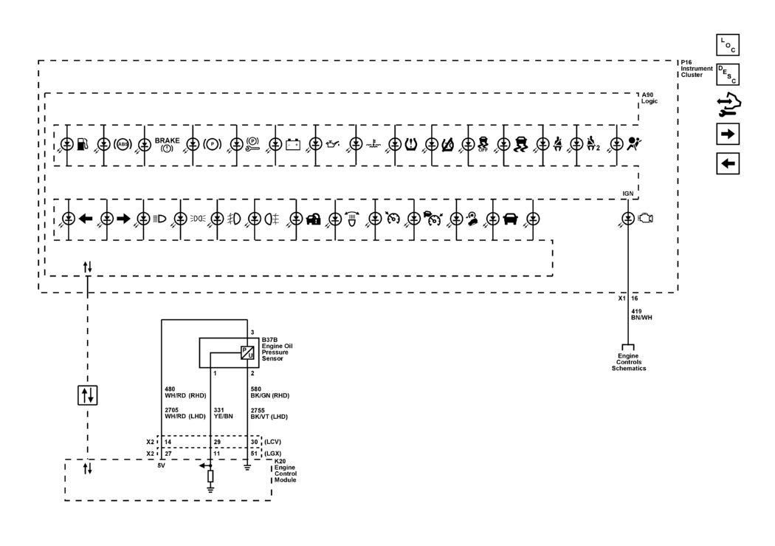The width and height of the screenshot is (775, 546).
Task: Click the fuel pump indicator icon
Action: tap(83, 144)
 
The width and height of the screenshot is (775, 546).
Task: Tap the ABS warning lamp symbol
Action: tap(123, 144)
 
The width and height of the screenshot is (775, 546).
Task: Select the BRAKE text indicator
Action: tap(167, 144)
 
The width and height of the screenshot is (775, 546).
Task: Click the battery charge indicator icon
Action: tap(293, 144)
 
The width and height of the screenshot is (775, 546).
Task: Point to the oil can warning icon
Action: tap(333, 144)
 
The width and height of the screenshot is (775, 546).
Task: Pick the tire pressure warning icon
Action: tap(410, 144)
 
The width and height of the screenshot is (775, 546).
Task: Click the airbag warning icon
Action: tap(633, 144)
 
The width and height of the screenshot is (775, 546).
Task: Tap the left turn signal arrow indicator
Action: tap(86, 218)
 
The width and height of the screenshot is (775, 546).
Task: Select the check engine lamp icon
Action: tap(646, 218)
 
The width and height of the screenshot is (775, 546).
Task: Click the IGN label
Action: tap(627, 194)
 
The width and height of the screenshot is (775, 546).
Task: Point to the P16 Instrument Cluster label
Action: tap(697, 69)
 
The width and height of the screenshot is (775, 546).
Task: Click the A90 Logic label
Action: tap(650, 98)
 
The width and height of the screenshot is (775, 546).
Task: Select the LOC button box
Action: tap(728, 45)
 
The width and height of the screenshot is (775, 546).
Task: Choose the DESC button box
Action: tap(728, 75)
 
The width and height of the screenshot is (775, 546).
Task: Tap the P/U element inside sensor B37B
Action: tap(247, 352)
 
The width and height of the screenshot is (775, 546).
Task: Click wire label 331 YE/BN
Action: tap(223, 414)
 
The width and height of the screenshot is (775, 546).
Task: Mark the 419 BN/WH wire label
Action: tap(641, 315)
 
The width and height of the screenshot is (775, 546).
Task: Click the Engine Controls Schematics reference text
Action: tap(629, 362)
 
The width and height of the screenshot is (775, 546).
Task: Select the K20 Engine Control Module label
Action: tap(285, 471)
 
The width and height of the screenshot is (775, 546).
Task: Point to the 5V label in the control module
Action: tap(161, 465)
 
